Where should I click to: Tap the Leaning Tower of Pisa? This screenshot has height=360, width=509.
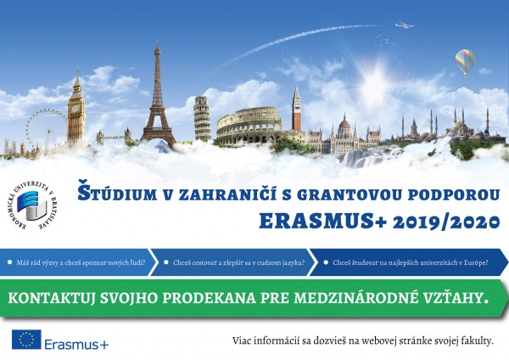[x=203, y=118]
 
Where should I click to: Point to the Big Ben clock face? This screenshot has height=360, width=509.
[x=76, y=108]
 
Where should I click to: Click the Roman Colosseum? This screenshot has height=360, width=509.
[x=250, y=126]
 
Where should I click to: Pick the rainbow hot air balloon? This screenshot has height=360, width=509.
[x=465, y=62]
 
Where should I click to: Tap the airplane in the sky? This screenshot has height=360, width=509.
[x=405, y=25]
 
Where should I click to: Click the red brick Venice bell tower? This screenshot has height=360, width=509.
[x=296, y=109]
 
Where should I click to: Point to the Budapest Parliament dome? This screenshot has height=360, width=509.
[x=344, y=122]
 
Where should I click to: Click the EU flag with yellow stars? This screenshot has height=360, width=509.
[x=26, y=340]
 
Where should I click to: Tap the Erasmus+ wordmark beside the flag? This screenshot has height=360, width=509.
[x=76, y=345]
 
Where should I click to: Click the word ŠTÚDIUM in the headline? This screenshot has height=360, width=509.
[x=117, y=193]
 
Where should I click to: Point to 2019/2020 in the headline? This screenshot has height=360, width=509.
[x=446, y=222]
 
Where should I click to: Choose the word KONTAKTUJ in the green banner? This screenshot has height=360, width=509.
[x=52, y=299]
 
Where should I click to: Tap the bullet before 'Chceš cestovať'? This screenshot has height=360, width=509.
[x=166, y=262]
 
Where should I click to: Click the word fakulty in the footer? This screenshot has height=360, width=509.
[x=479, y=341]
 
